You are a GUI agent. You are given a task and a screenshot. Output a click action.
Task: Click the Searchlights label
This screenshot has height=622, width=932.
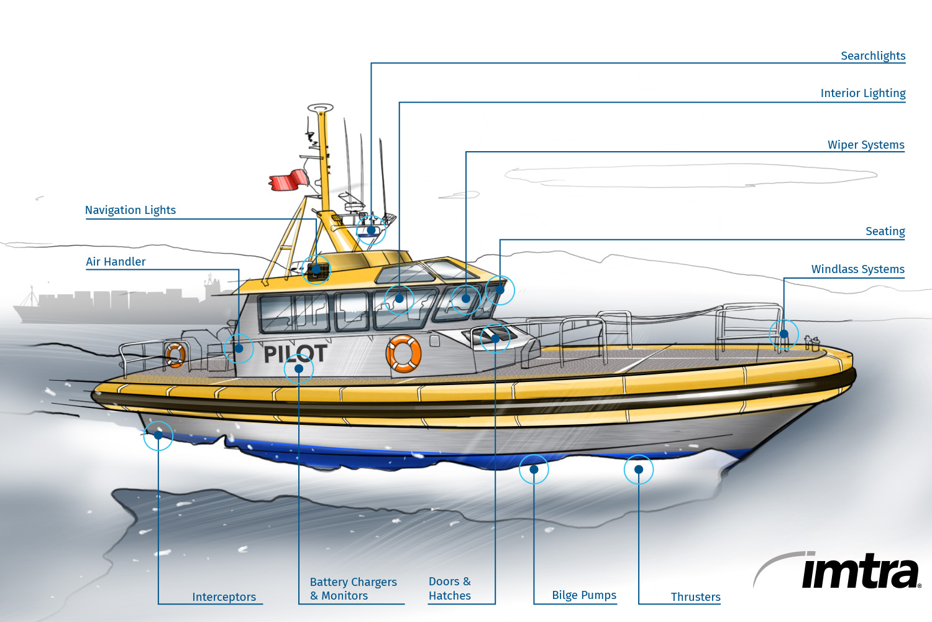coord(873,56)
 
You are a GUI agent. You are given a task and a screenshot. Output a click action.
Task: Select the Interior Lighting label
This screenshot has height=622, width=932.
coord(863,93)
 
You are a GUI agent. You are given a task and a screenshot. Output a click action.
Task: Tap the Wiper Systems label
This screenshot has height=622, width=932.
coord(866,145)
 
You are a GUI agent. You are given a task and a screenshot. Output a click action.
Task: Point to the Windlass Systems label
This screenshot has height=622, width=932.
coord(858,269)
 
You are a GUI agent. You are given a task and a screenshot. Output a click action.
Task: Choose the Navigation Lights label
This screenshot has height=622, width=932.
coord(130,210)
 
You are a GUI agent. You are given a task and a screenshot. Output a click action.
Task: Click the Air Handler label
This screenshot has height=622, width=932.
coord(116,262)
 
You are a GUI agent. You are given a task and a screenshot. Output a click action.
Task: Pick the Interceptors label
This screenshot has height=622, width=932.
coord(224,597)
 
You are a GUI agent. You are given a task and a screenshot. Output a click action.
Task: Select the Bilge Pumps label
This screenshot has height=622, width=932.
coord(584,595)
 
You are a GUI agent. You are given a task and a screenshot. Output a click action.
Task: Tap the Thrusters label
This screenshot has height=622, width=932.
coord(696,597)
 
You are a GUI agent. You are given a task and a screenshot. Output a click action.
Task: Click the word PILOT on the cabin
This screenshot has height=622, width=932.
coord(295,354)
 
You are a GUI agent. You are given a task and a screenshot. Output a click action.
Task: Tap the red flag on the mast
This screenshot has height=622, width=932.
coord(289,180)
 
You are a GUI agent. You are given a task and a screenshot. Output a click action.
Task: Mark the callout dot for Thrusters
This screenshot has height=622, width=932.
coord(639,470)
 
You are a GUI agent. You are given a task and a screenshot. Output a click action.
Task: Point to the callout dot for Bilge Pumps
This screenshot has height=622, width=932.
coord(534,470)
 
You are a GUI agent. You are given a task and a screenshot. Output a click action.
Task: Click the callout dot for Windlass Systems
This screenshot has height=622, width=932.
coord(784,334)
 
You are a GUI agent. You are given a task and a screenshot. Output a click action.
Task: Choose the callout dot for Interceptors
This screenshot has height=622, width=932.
coord(158,435)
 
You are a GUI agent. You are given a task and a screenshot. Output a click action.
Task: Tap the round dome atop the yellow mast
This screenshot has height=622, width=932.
coord(321,108)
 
